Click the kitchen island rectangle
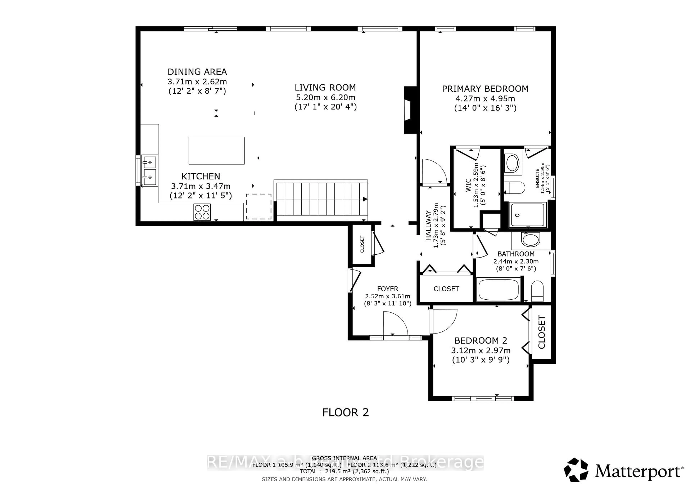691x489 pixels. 216,151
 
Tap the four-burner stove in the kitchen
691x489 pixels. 202,212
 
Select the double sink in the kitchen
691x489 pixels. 149,171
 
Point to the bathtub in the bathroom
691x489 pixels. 498,289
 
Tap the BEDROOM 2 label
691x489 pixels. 481,341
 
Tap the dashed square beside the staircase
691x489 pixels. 259,207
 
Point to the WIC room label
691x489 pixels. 468,185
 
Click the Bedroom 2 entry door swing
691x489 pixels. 444,321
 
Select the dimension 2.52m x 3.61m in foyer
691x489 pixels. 388,296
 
